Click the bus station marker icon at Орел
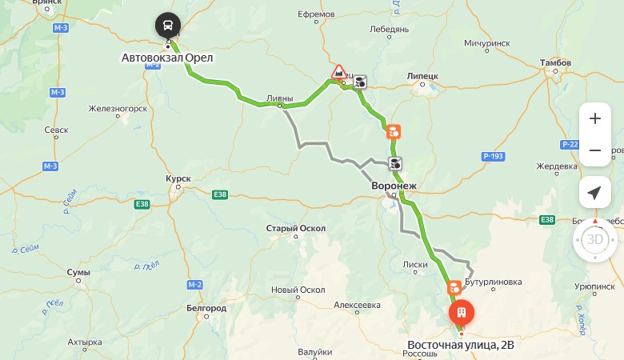click(x=168, y=26)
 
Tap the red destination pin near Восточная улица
click(x=461, y=313)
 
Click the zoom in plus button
click(x=594, y=118)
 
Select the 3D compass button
click(x=594, y=239)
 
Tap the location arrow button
click(x=594, y=193)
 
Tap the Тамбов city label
click(x=556, y=62)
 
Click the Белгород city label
click(x=206, y=308)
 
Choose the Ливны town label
click(x=279, y=98)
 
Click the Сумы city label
click(x=78, y=272)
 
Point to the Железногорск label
click(x=118, y=108)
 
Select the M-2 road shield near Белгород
click(x=194, y=285)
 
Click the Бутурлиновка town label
click(x=493, y=282)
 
